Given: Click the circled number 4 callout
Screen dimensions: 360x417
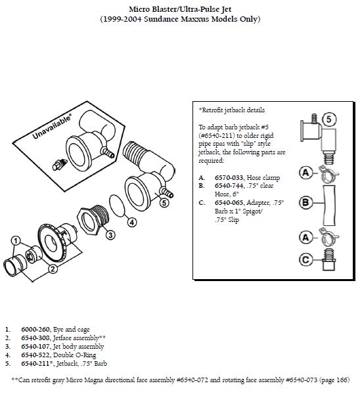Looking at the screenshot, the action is click(132, 223).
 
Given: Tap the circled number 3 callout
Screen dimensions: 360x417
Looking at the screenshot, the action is click(110, 235).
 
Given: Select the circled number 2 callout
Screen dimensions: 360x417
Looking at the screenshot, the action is click(53, 269).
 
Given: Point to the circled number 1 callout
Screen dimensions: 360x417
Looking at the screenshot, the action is click(16, 241).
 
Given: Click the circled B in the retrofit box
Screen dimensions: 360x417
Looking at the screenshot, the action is click(305, 203).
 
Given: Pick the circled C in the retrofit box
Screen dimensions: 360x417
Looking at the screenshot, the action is click(305, 259).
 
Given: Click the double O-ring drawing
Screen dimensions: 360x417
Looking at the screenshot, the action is click(117, 206).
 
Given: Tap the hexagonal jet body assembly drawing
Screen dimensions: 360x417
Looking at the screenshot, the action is click(93, 219).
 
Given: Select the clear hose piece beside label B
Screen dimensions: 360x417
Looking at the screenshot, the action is click(329, 206).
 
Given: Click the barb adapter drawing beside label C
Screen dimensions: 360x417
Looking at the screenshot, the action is click(329, 260).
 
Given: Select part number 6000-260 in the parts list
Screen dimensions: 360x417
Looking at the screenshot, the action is click(35, 330).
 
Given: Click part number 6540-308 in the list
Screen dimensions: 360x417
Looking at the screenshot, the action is click(35, 338).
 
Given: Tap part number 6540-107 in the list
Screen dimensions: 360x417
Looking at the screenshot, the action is click(35, 347).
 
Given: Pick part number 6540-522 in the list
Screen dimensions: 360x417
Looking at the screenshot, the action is click(35, 355).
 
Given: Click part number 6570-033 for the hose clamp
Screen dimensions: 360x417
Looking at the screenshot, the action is click(229, 178).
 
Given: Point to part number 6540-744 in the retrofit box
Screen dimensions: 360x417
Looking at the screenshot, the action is click(229, 186).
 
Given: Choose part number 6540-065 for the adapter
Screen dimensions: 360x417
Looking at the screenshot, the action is click(229, 203).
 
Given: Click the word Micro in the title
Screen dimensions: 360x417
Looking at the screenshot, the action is click(139, 9).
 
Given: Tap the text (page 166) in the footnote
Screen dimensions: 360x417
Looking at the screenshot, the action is click(334, 380).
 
